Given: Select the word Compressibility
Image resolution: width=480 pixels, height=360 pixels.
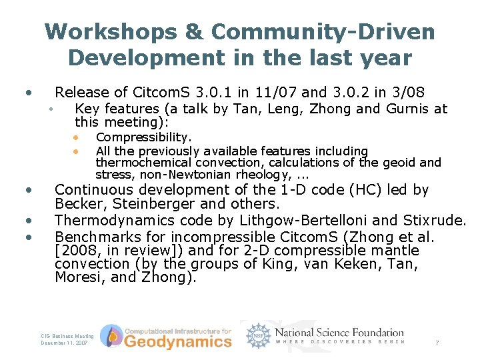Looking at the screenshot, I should tap(143, 137).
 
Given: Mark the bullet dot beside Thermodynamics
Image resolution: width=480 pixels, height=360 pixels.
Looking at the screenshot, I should tap(29, 220).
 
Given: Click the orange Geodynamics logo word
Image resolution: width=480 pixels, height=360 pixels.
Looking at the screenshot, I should tap(178, 342).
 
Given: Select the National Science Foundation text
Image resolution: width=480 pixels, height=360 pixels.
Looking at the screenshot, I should tap(339, 332).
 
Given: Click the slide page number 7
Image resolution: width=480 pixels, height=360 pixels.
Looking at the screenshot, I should tap(436, 343).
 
